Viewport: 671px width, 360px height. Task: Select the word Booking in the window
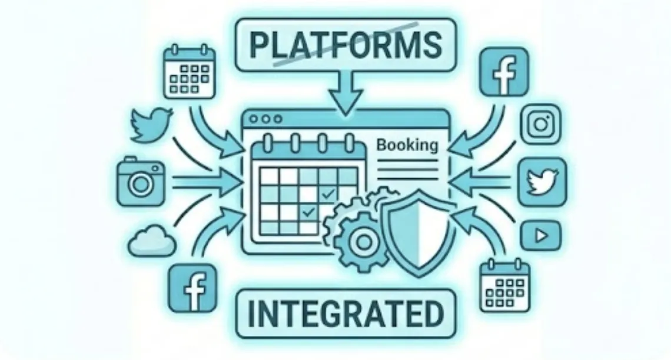408,145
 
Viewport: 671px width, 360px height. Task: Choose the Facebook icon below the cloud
190,288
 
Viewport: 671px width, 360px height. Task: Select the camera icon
140,181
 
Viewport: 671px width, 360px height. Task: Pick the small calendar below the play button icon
504,286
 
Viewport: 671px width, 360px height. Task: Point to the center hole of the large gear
361,239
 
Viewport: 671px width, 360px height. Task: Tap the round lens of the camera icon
140,184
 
